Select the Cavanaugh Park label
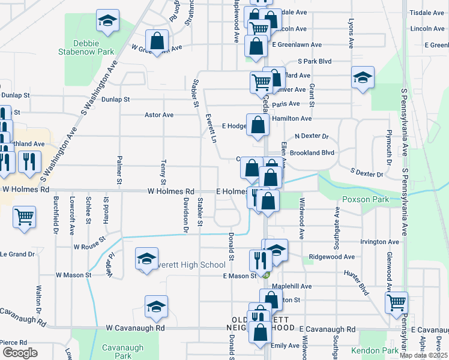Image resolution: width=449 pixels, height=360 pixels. click(x=116, y=351)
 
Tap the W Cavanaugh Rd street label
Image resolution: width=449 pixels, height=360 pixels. click(x=135, y=329)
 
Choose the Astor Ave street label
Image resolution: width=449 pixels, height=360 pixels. click(x=159, y=115)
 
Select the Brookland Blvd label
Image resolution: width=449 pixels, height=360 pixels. click(x=312, y=153)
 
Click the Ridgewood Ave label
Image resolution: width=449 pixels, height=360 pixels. click(x=331, y=256)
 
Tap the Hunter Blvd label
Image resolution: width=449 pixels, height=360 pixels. click(x=355, y=281)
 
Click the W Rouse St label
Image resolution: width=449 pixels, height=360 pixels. click(x=89, y=246)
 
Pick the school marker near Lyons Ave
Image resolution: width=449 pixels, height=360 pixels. click(x=363, y=77)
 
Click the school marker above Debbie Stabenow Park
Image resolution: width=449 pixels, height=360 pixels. click(x=107, y=20)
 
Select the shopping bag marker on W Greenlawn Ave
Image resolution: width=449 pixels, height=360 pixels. click(x=157, y=41)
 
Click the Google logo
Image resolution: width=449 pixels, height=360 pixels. click(x=20, y=353)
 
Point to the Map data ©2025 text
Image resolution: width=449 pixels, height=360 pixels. click(x=422, y=356)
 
